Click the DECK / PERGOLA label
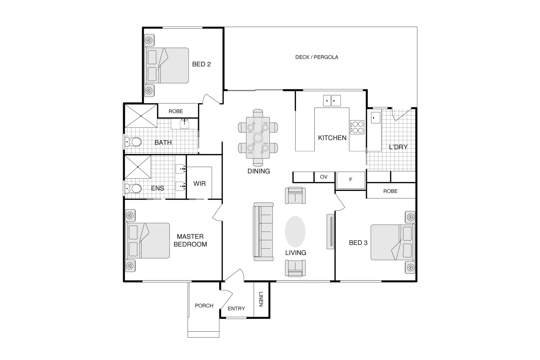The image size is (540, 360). coord(316,57)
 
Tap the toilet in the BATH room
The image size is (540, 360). coord(134,142)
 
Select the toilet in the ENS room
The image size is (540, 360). coord(134,189)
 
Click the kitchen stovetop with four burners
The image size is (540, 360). coord(357,127)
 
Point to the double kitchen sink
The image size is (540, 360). coord(332,100)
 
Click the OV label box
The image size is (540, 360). coord(324,177)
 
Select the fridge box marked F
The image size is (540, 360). coord(351,180)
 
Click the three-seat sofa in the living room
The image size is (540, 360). coord(263,232)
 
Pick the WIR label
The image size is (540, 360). coord(199,183)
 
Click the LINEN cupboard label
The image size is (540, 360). coord(261,299)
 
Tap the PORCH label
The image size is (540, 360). coord(204,305)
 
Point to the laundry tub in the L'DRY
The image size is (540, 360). coord(375,118)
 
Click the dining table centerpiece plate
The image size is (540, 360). coord(258,137)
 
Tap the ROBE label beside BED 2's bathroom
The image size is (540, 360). coord(176,111)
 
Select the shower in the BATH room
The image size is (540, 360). coord(141,116)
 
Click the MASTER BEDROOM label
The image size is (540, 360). coord(190,240)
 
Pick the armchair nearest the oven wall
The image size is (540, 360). coord(295,195)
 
